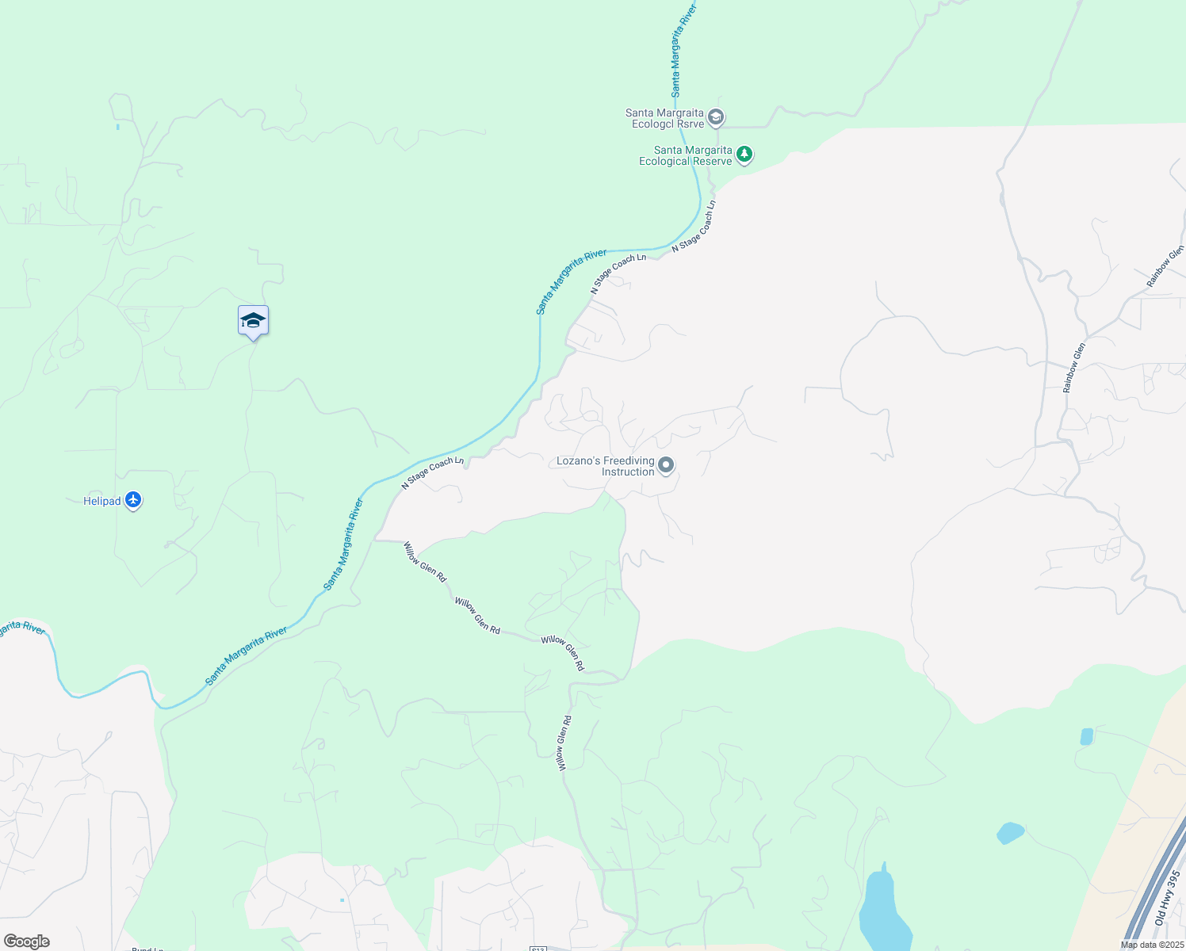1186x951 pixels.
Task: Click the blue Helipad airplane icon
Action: (133, 500)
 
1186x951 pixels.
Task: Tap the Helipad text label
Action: (101, 501)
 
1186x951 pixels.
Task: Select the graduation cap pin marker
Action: (253, 321)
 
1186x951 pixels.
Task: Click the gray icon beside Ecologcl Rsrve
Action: (715, 118)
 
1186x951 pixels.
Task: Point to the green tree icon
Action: (744, 154)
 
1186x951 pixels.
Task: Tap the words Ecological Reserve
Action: (686, 162)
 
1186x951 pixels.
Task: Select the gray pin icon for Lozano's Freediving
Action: (666, 465)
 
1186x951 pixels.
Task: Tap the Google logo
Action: (26, 941)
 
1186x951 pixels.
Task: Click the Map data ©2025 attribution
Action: (1152, 945)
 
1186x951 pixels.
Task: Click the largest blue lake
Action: (882, 911)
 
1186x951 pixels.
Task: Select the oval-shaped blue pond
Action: (1010, 833)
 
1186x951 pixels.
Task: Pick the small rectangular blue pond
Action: (1086, 736)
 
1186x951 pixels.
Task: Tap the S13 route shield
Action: (538, 948)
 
